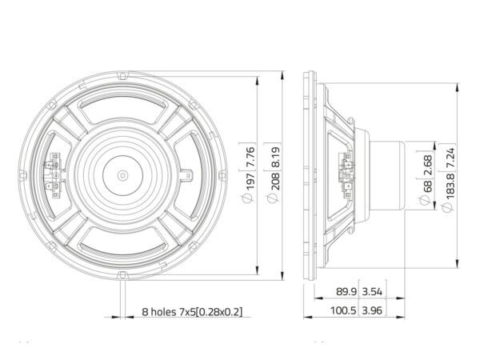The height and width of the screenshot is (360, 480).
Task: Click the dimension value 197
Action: tap(250, 182)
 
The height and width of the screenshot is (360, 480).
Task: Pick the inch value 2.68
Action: tap(427, 166)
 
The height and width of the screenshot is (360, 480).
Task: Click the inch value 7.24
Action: tap(450, 158)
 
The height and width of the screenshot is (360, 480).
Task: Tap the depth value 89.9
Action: tap(346, 292)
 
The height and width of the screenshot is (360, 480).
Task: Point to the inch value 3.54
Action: tap(372, 292)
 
